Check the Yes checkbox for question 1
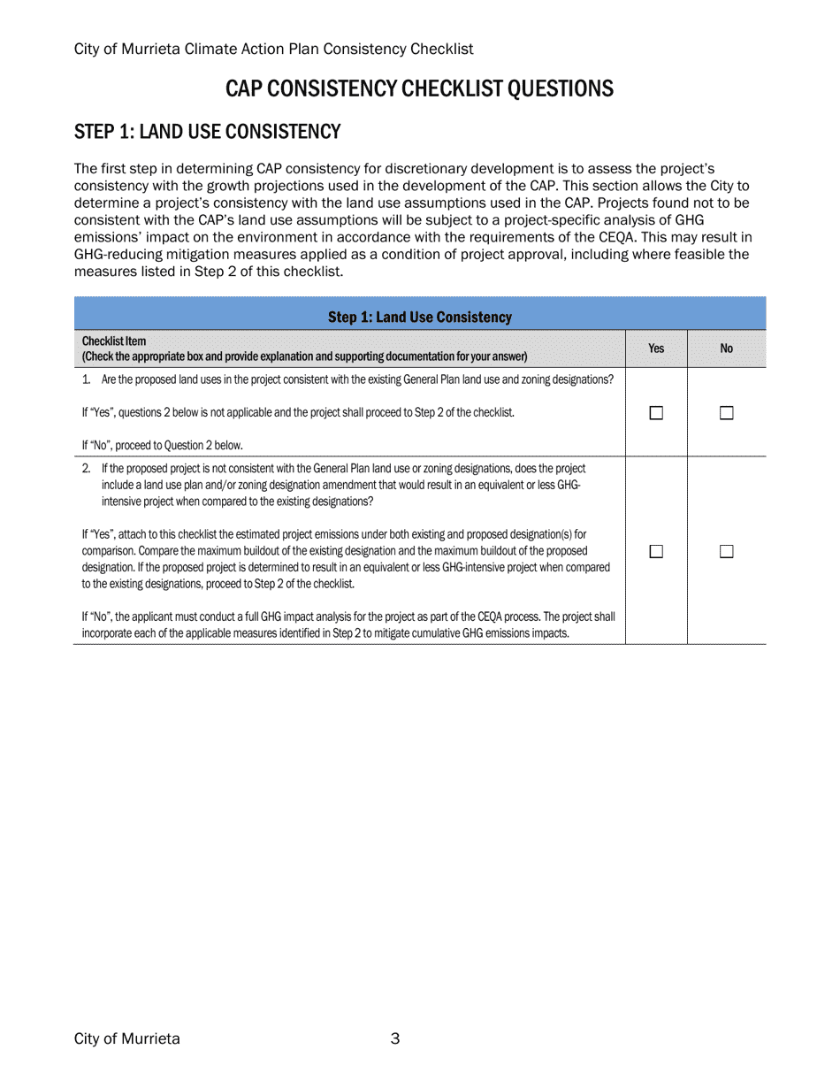tap(656, 413)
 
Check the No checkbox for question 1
tap(727, 413)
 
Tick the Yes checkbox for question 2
tap(656, 552)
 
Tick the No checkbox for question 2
tap(727, 552)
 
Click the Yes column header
tap(656, 349)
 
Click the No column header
tap(727, 349)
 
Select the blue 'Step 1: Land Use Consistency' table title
tap(420, 317)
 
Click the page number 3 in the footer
tap(395, 1038)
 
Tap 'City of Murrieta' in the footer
tap(127, 1038)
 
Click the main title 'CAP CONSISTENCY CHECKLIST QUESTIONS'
tap(419, 88)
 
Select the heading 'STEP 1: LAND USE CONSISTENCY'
tap(207, 132)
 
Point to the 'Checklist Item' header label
tap(114, 341)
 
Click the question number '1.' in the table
tap(87, 379)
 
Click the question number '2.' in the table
tap(87, 468)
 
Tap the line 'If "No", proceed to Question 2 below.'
tap(162, 445)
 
